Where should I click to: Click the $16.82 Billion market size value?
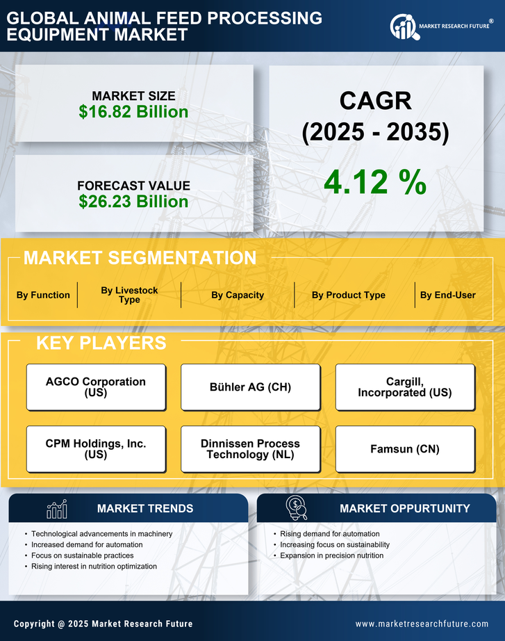133,112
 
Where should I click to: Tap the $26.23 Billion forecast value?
133,202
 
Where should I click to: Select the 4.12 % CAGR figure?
375,182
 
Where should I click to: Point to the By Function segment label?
43,295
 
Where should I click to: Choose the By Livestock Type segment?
129,295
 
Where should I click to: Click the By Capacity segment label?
238,295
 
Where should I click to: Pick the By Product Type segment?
348,295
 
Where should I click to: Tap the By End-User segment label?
447,295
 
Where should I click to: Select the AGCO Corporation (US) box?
96,387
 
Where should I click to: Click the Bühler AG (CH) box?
251,387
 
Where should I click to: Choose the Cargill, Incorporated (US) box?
405,387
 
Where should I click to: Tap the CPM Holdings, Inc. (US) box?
96,449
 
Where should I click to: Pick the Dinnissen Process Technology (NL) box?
251,449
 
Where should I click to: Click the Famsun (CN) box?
405,449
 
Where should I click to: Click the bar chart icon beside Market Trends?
56,509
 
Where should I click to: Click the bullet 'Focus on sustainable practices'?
82,555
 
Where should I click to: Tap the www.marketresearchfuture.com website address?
422,624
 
